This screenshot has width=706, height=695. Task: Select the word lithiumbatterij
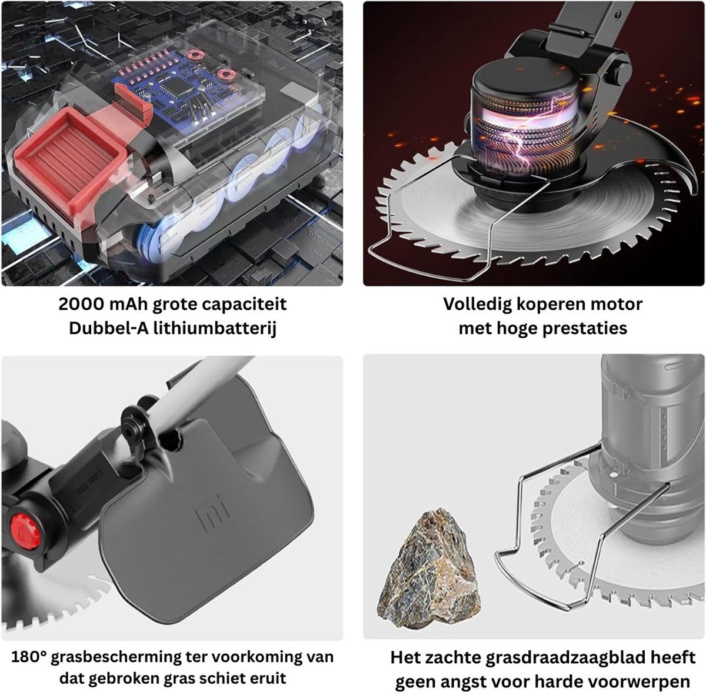[215, 329]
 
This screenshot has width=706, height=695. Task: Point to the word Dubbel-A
[109, 328]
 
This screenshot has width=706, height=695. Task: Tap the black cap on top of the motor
[524, 85]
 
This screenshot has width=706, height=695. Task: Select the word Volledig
[477, 305]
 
